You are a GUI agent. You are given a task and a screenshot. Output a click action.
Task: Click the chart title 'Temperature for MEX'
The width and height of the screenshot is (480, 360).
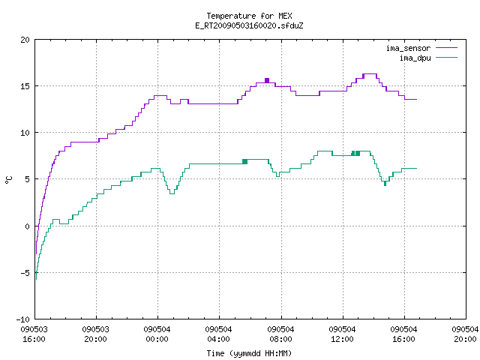point(249,16)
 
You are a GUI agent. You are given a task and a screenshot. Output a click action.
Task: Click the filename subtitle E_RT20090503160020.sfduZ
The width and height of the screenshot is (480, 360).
point(249,25)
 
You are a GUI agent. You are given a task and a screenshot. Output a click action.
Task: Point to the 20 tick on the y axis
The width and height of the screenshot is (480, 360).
point(25,40)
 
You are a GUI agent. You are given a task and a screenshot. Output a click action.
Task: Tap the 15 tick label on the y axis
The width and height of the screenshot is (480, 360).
point(25,86)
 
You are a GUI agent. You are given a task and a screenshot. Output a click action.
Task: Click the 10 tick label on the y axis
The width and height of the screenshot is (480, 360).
point(25,133)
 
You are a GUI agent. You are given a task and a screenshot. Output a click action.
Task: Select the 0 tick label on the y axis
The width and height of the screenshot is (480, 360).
point(28,226)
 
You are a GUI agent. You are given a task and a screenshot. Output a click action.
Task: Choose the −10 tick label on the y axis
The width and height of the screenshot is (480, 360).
point(23,319)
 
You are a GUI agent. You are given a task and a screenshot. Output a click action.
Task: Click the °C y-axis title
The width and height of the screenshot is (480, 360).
point(8,180)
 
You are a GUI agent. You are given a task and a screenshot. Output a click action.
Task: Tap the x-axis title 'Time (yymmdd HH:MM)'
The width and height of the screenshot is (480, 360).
point(249,353)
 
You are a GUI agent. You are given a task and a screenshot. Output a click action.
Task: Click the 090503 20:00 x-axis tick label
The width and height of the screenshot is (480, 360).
point(95,334)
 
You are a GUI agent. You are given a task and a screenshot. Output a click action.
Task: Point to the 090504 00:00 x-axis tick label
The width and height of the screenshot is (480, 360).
point(157,334)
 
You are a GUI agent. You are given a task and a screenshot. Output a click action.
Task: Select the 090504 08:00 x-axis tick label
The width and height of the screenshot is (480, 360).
point(280,334)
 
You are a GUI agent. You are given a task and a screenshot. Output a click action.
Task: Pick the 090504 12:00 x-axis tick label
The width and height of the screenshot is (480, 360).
point(342,334)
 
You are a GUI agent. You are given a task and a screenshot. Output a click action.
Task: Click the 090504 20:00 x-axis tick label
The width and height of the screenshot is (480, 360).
point(465,334)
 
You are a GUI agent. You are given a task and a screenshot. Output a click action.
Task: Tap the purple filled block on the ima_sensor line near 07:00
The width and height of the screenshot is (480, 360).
point(267,80)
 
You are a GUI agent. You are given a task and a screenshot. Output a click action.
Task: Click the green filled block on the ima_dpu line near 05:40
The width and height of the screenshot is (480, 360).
point(245,162)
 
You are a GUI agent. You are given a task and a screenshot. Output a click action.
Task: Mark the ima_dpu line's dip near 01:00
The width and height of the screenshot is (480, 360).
point(172,193)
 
